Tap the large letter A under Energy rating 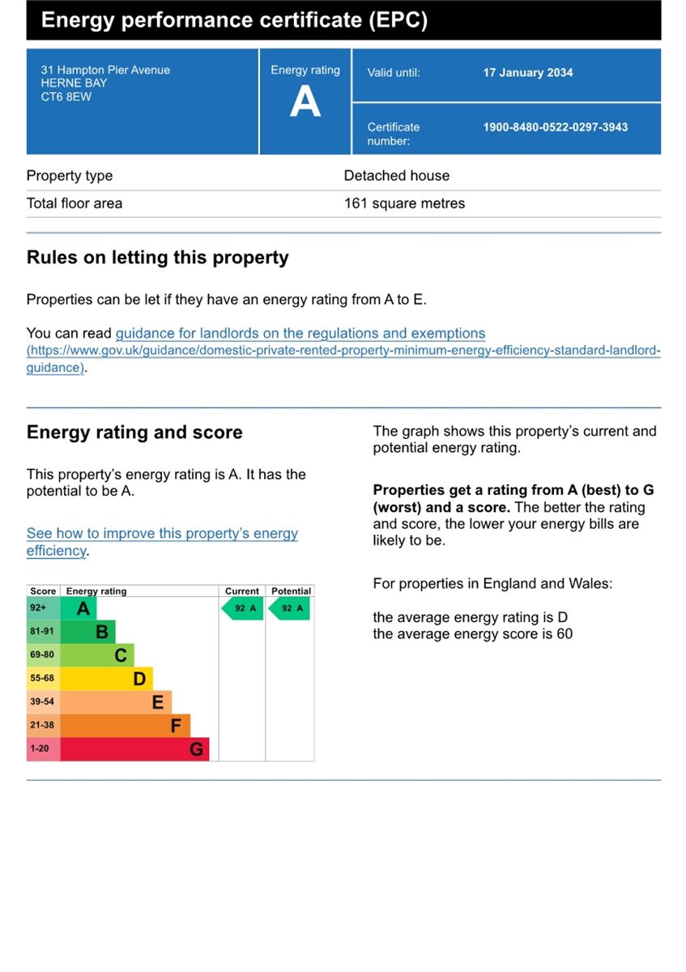click(x=305, y=103)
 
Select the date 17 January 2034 click(x=528, y=73)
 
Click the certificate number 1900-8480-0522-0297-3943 click(x=556, y=127)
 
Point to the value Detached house click(x=397, y=176)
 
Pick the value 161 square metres click(x=405, y=203)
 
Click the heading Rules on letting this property click(x=158, y=258)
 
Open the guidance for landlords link click(x=300, y=333)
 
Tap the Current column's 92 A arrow click(x=243, y=608)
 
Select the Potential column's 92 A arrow click(x=290, y=608)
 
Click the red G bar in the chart click(x=134, y=748)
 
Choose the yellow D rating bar click(x=106, y=678)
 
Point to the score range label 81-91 click(x=42, y=631)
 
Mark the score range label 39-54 click(x=42, y=701)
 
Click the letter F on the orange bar click(x=176, y=726)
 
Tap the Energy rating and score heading click(x=134, y=433)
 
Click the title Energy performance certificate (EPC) click(x=234, y=20)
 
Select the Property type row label click(x=70, y=176)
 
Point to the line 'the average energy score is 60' click(x=472, y=634)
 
